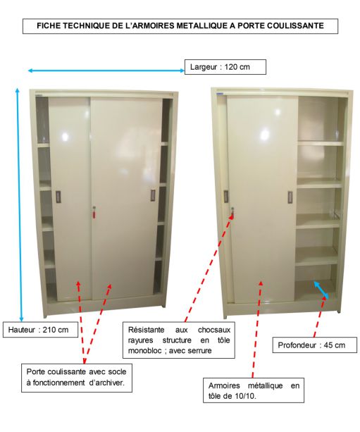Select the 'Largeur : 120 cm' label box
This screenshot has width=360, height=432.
point(225,67)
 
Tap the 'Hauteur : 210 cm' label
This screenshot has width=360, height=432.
point(40,330)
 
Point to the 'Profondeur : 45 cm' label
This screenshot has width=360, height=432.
point(314,345)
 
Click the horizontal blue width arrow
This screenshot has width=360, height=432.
point(106,70)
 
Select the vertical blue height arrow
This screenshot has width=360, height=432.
point(20,204)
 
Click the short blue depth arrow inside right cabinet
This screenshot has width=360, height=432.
point(321,289)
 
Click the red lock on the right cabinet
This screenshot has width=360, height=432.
point(232,212)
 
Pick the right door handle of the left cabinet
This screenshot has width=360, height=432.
point(153,195)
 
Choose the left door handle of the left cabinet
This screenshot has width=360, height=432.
point(58,197)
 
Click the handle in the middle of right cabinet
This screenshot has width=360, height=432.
point(290,197)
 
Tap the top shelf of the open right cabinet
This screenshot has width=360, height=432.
point(321,143)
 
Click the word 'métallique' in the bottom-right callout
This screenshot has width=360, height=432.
point(266,385)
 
